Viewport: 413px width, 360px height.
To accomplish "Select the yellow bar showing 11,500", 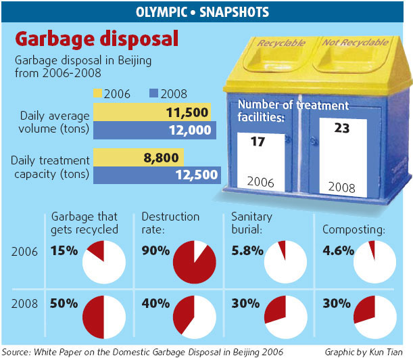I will click(x=152, y=112).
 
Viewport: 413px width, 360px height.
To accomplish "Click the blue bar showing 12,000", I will click(x=154, y=130).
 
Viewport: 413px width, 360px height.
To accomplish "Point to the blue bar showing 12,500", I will click(x=156, y=175).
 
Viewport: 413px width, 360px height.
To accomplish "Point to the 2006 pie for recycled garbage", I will click(x=103, y=262).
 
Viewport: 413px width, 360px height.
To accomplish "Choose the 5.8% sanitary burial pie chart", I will click(x=285, y=262).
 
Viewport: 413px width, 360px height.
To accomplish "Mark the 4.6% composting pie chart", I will click(x=375, y=262).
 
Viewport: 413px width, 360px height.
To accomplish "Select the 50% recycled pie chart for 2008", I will click(x=103, y=317).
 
